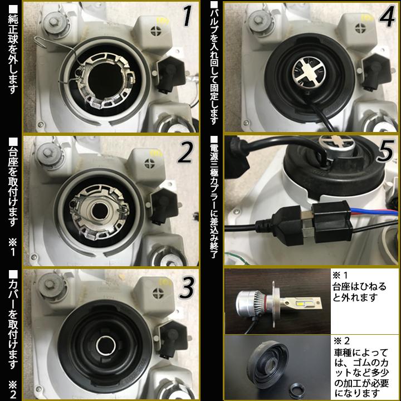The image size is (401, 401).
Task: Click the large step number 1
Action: [x=187, y=17]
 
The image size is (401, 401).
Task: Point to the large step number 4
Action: [x=385, y=17]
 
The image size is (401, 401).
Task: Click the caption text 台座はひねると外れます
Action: [x=359, y=293]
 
